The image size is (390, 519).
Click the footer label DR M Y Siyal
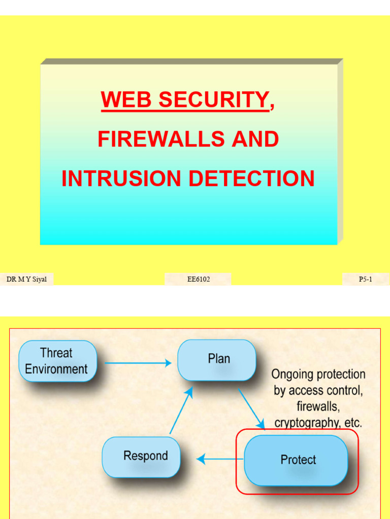click(x=26, y=279)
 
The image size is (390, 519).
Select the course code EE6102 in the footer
click(x=198, y=279)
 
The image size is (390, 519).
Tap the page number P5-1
click(x=366, y=279)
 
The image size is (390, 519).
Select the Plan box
click(x=217, y=359)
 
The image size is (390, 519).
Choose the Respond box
click(x=142, y=456)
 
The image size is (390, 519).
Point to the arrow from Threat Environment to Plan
click(x=138, y=363)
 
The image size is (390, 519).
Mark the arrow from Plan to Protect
click(x=252, y=410)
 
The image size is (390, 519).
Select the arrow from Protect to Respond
click(x=219, y=459)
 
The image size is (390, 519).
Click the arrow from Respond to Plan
click(x=181, y=411)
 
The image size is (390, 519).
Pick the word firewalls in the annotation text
click(x=318, y=406)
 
